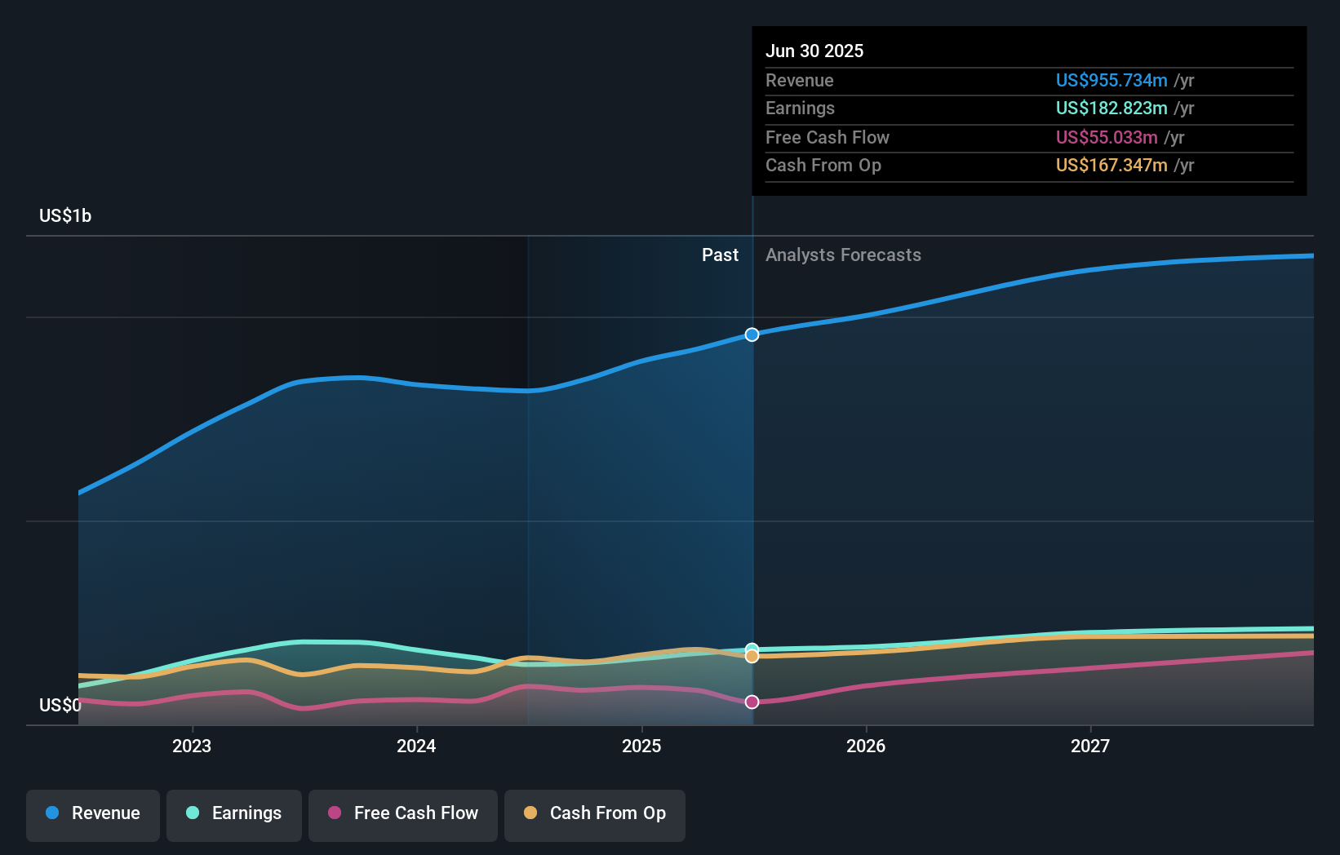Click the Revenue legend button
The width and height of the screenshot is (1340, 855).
pyautogui.click(x=93, y=813)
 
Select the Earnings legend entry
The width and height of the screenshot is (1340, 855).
pyautogui.click(x=234, y=813)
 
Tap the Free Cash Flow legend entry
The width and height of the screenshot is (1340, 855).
pyautogui.click(x=403, y=813)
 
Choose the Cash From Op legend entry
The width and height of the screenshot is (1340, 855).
pyautogui.click(x=595, y=813)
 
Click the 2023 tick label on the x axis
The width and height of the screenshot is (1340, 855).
pyautogui.click(x=192, y=746)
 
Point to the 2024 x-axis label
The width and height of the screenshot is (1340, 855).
pyautogui.click(x=416, y=746)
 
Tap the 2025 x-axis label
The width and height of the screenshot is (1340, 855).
pyautogui.click(x=641, y=746)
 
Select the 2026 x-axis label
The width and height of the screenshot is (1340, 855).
pyautogui.click(x=866, y=746)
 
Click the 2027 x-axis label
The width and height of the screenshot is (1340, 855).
pyautogui.click(x=1090, y=746)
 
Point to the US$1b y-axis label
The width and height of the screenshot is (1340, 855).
pyautogui.click(x=65, y=215)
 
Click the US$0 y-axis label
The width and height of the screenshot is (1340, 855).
pyautogui.click(x=60, y=705)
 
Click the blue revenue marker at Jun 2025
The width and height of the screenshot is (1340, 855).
pyautogui.click(x=752, y=334)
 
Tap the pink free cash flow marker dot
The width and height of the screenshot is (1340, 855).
pyautogui.click(x=752, y=702)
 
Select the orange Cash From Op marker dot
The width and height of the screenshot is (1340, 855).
pyautogui.click(x=752, y=656)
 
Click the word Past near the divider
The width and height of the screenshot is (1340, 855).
pyautogui.click(x=720, y=255)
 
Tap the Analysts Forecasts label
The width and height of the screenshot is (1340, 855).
pyautogui.click(x=843, y=255)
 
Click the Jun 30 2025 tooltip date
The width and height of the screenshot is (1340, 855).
pyautogui.click(x=814, y=51)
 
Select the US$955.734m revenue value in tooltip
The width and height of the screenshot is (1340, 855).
pyautogui.click(x=1111, y=80)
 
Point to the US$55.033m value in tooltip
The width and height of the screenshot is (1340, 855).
pyautogui.click(x=1106, y=137)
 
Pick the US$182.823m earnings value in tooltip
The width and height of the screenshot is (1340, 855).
pyautogui.click(x=1111, y=108)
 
